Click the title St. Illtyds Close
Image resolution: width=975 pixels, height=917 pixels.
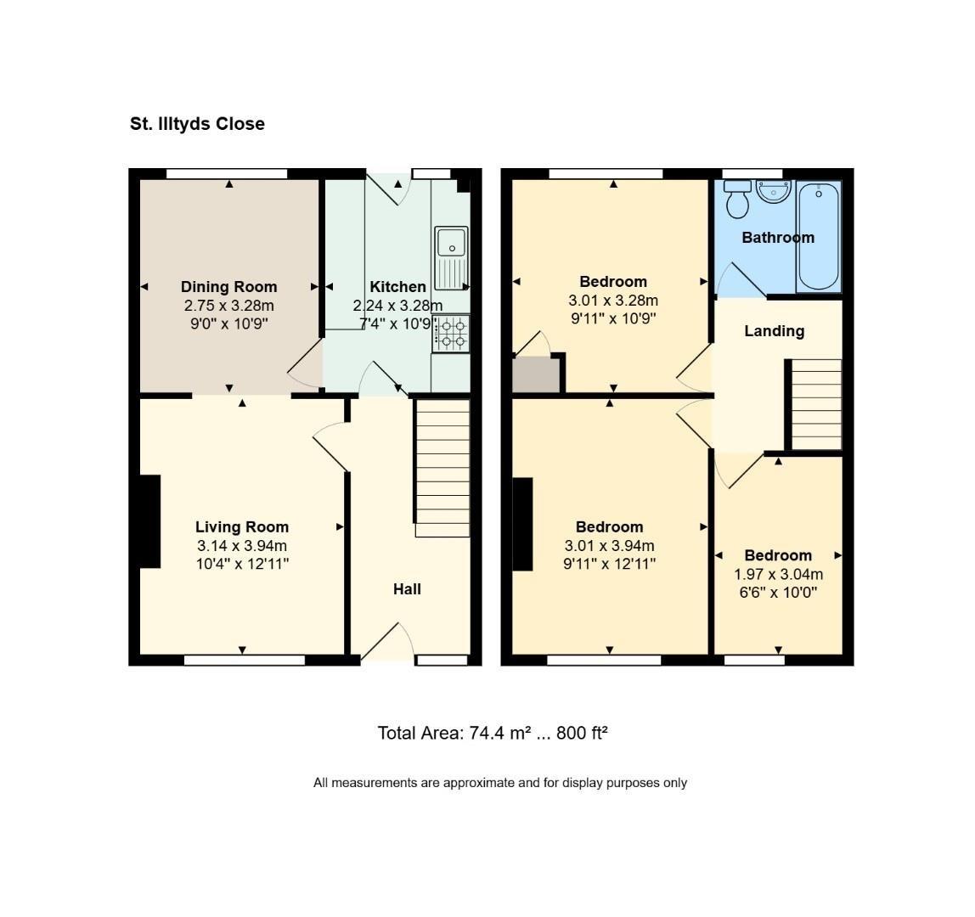click(x=197, y=124)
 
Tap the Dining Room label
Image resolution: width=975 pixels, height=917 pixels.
click(x=228, y=287)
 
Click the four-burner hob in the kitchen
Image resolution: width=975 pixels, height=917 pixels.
click(x=451, y=333)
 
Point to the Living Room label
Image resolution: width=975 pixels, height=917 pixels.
click(x=242, y=527)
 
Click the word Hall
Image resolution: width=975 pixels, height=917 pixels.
click(x=407, y=589)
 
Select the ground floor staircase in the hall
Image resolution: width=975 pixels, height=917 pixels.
click(x=442, y=468)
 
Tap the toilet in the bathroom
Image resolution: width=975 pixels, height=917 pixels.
click(x=737, y=200)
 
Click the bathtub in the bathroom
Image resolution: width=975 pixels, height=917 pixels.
click(x=819, y=235)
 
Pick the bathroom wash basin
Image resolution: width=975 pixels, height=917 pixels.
click(x=773, y=191)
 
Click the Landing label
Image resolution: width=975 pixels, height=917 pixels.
click(x=774, y=331)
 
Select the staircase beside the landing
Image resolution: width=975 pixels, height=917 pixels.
click(x=817, y=404)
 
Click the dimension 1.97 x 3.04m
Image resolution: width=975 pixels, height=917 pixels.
click(x=778, y=574)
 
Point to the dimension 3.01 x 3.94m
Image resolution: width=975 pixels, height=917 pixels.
click(x=609, y=546)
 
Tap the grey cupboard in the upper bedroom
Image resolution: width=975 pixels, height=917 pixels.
click(x=536, y=375)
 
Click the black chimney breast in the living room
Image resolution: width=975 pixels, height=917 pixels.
click(x=150, y=521)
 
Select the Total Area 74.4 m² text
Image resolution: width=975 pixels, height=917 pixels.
click(x=493, y=733)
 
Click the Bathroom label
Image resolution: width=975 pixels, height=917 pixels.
click(x=778, y=238)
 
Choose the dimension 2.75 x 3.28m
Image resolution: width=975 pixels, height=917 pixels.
click(x=228, y=306)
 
